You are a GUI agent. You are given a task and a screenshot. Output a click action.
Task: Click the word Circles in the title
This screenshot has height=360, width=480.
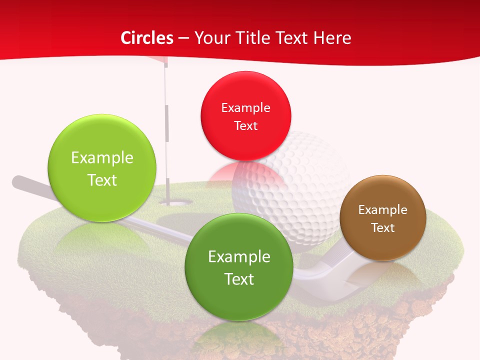coord(147,38)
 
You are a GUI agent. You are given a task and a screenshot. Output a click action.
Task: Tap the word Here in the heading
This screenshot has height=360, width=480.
coord(332,38)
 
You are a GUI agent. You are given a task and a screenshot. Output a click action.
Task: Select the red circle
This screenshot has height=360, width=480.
coord(245,116)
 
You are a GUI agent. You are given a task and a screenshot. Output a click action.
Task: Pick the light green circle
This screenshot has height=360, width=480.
coord(102,168)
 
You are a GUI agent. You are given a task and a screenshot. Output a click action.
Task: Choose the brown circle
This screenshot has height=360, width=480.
coord(382,218)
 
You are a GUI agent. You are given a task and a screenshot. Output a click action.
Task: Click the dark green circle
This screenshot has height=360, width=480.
coord(239,267)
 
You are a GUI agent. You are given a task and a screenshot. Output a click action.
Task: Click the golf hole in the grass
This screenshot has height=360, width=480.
coord(176,203)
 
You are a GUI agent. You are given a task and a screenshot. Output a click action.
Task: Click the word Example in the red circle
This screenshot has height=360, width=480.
coord(245,108)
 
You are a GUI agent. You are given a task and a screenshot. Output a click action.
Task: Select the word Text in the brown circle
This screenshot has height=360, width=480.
coord(383,228)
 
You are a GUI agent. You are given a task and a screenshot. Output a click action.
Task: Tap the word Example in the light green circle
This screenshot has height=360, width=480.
coord(102,158)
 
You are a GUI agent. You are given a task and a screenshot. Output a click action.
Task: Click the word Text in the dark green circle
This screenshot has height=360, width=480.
coord(239,279)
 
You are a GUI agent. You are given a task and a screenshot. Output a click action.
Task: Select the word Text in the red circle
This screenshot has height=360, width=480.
coord(245,126)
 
